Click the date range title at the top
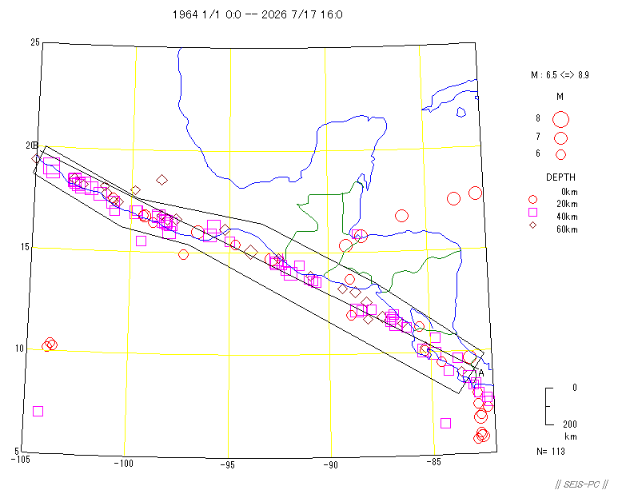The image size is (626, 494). [257, 14]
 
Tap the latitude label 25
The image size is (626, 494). [35, 42]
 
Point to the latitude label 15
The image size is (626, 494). [25, 247]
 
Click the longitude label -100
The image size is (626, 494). [123, 464]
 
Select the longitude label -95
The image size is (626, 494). [228, 465]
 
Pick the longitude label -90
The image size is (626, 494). [330, 465]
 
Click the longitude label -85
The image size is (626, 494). [433, 462]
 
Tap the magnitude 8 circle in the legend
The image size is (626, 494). [560, 119]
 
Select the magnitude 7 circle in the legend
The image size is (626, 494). [560, 138]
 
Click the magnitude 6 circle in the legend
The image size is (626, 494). [560, 154]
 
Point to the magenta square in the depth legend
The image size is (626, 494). [532, 212]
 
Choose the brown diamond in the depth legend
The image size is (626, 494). [532, 225]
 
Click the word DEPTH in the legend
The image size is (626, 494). [560, 177]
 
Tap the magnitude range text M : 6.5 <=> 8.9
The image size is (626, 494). [560, 75]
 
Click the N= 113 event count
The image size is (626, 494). [551, 452]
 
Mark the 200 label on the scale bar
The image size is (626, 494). [570, 424]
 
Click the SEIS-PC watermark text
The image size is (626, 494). [581, 484]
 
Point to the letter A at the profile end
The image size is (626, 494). [481, 373]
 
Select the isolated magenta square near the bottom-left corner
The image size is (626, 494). [38, 411]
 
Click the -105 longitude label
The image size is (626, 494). [20, 460]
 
